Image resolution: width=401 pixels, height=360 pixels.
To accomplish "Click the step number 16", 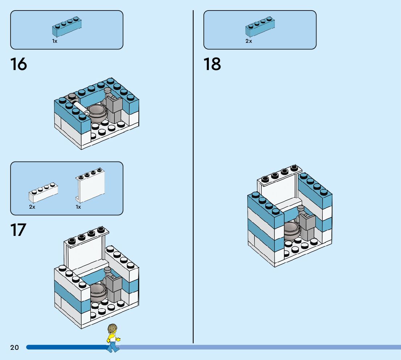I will pos(18,64).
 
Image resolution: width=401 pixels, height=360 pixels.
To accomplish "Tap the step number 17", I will pos(18,230).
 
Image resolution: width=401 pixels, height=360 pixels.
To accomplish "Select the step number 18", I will pos(212,64).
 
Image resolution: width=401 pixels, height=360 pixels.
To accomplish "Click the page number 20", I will pos(15,348).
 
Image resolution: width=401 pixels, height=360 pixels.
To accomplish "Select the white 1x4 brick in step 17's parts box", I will pos(43,193).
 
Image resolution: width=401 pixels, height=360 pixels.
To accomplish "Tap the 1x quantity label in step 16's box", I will pos(55,41).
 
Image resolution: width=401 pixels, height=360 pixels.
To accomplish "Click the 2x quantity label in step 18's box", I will pos(248,41).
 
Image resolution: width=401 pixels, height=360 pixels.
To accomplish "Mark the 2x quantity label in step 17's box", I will pos(32,207).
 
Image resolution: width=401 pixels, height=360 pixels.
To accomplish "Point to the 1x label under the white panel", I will pos(78,207).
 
